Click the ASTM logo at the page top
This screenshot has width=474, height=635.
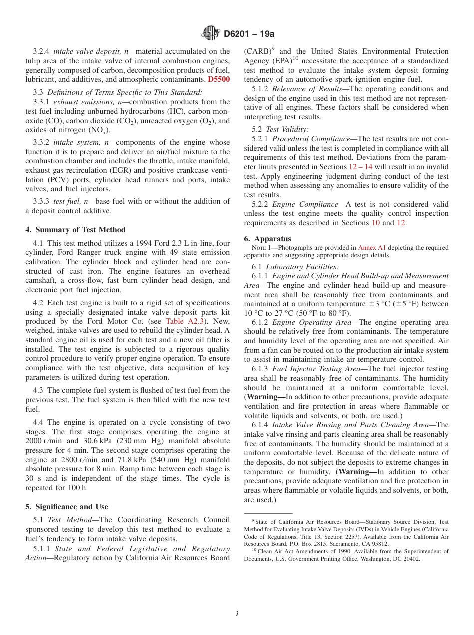pyautogui.click(x=210, y=34)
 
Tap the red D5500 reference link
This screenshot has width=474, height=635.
pyautogui.click(x=219, y=79)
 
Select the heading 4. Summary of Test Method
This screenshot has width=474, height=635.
pyautogui.click(x=75, y=230)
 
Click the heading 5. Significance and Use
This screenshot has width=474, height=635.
pyautogui.click(x=67, y=507)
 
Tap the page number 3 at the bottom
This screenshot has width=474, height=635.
pyautogui.click(x=237, y=614)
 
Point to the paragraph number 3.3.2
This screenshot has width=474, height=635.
pyautogui.click(x=41, y=142)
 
